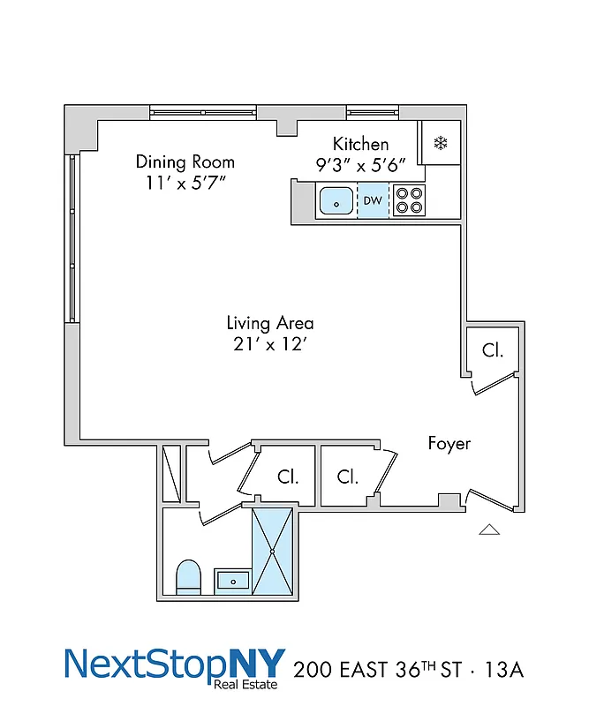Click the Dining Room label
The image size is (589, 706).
coord(185,161)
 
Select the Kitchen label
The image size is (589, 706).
coord(360,144)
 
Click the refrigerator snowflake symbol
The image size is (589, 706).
coord(439,143)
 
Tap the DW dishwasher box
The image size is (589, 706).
coord(373,201)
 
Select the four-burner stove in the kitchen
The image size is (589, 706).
coord(408,201)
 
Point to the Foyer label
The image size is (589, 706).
coord(449,443)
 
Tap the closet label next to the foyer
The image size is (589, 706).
coord(492,350)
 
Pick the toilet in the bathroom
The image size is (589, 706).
coord(189,575)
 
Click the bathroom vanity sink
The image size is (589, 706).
coord(234,580)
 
